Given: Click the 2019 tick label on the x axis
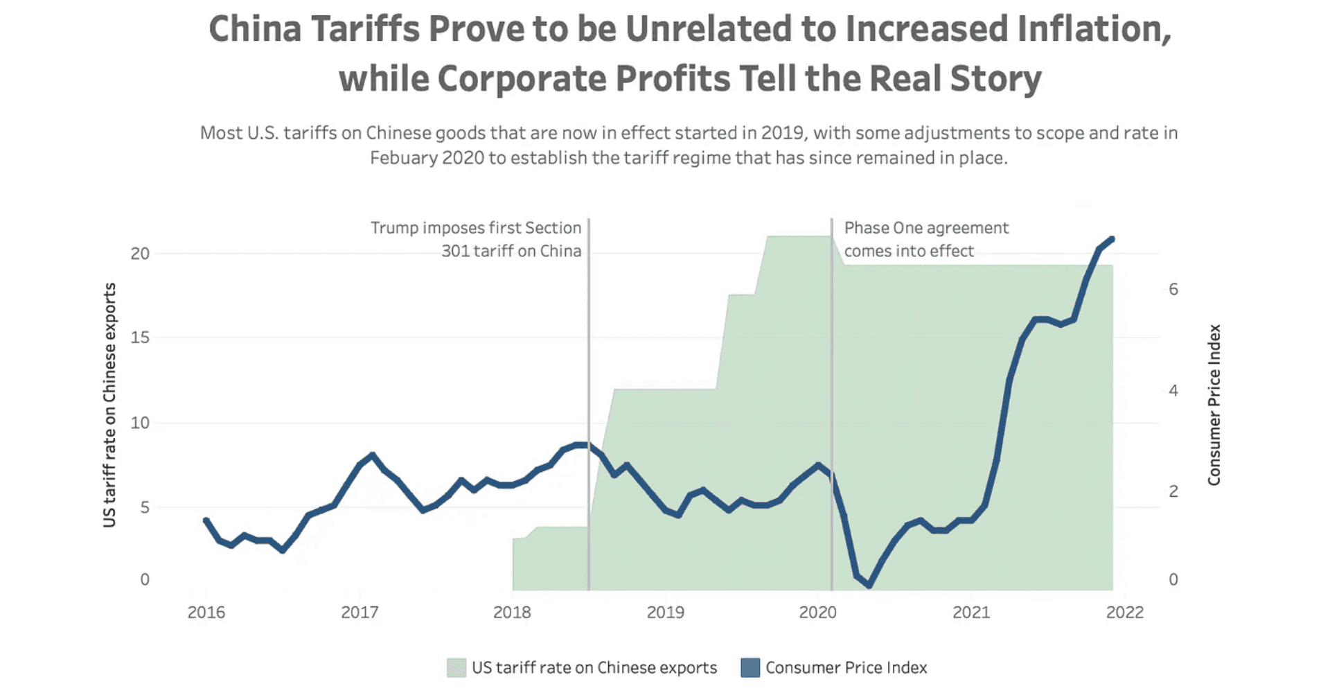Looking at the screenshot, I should coord(665,613).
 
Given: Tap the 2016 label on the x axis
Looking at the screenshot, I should coord(206,613).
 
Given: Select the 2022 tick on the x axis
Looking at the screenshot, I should coord(1125,613).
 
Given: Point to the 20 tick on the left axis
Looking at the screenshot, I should coord(140,254).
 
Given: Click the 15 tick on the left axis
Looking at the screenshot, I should coord(140,338).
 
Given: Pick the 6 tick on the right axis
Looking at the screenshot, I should coord(1173,290).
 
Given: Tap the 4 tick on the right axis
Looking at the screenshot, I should coord(1173,391).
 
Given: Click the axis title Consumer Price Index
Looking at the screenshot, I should coord(1214,405).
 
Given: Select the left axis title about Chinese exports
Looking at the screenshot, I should coord(109,405).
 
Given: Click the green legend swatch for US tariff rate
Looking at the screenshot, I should coord(456,668).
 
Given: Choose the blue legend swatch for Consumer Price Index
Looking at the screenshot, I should coord(750,668).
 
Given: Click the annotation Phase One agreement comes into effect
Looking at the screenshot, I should coord(925,239).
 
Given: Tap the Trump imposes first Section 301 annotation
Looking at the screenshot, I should coord(477,239).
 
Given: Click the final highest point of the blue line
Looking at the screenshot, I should coord(1112,239).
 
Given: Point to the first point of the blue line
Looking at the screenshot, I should coord(206,520).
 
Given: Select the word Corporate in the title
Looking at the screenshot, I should coord(522,78).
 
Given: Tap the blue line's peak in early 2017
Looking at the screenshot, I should coord(373,455).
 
